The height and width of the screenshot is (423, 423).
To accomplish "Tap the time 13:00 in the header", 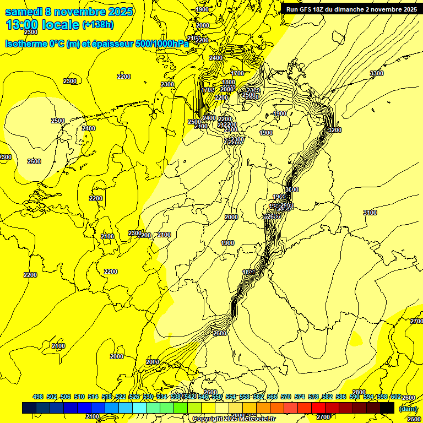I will click(23, 25).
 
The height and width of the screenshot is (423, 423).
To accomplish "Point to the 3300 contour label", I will click(377, 73).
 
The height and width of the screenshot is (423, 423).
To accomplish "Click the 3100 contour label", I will click(370, 213).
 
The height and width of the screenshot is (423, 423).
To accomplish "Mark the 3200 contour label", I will click(334, 130).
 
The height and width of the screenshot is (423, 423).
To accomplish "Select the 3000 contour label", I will click(292, 189).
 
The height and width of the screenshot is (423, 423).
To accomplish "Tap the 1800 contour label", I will click(229, 83).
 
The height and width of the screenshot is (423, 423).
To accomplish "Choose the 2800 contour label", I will click(359, 392).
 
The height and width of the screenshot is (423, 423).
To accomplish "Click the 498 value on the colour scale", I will click(38, 397).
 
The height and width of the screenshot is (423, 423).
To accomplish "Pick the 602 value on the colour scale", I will click(396, 397).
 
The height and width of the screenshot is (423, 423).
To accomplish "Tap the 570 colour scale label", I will click(286, 397).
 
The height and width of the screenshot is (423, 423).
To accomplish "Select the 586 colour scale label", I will click(341, 397).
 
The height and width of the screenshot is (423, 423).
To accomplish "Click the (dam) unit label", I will click(408, 409).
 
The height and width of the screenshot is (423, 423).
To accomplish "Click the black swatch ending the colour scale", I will click(387, 408).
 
